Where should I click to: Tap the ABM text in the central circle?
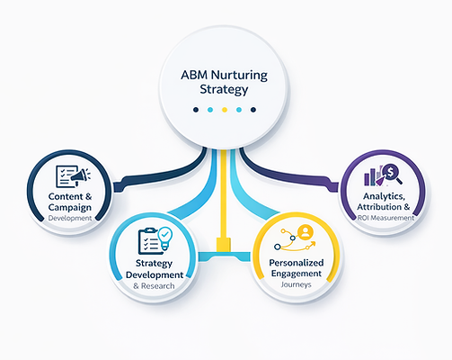coord(194,75)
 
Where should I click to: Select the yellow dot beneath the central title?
coord(225,110)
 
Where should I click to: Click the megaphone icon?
coord(80,175)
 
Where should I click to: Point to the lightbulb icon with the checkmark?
coord(165,238)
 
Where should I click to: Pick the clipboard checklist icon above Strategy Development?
coord(148,241)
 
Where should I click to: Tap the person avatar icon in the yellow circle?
coord(306,231)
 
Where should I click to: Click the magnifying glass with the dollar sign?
coord(393,173)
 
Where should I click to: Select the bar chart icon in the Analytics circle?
coord(371,177)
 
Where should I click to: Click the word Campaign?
coord(70,208)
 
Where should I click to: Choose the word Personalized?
coord(297,263)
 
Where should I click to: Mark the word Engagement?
coord(297,274)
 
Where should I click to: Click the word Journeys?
coord(296,284)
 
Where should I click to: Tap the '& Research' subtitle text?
coord(154,286)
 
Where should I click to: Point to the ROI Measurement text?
coord(386,218)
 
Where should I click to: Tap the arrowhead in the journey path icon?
coord(313,243)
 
